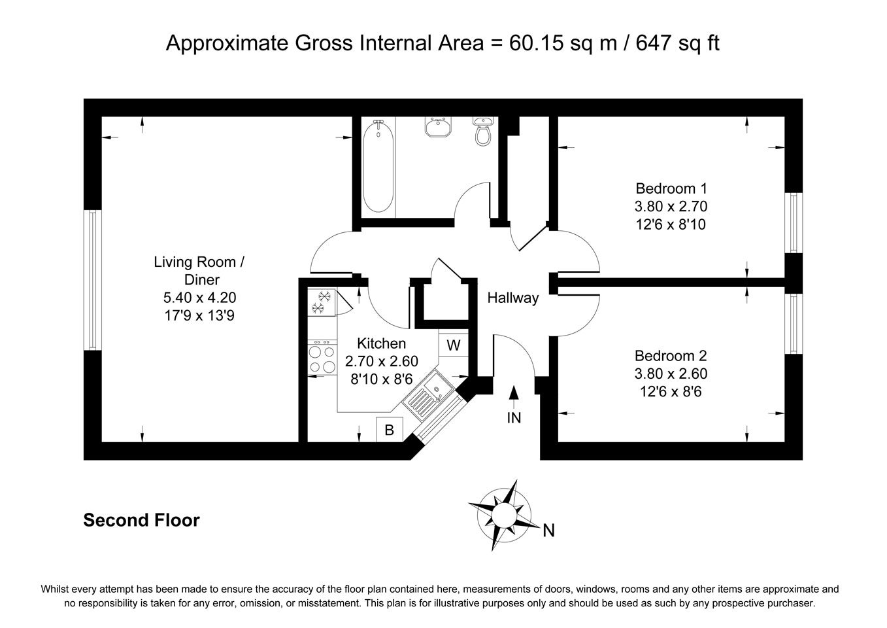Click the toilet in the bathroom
point(483,131)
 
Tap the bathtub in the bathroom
point(378,167)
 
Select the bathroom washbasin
point(437,127)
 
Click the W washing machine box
point(454,345)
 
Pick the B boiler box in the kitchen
point(390,430)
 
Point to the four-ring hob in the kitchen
point(322,358)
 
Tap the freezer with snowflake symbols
point(322,302)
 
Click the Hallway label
point(513,298)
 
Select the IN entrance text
point(514,417)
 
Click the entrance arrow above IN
point(514,397)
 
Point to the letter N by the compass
point(548,531)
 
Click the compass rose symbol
point(504,515)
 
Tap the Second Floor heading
point(141,520)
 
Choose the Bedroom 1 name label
point(671,188)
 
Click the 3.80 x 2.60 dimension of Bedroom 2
point(671,374)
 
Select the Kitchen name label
point(381,343)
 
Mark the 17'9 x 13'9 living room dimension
point(199,315)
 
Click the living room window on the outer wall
point(93,280)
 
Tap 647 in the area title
point(652,43)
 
